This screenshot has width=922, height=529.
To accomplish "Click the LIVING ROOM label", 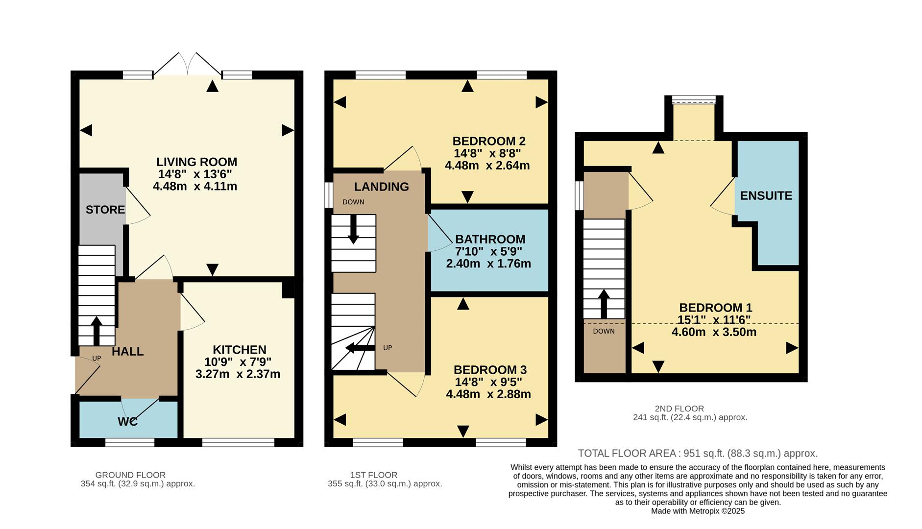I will (x=196, y=162).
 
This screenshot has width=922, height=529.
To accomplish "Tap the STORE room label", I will (x=105, y=210).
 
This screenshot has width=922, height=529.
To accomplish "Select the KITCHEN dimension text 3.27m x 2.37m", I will (x=238, y=374).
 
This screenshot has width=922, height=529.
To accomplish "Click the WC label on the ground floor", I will (x=127, y=421).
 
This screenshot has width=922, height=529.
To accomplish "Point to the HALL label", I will (x=127, y=351).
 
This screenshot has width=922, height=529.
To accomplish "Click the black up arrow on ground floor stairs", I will (x=97, y=331).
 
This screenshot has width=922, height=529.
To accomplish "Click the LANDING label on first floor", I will (x=381, y=187).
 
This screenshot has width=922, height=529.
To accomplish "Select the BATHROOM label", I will (x=490, y=239).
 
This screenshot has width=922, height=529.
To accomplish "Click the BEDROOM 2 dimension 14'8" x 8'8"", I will (x=487, y=153).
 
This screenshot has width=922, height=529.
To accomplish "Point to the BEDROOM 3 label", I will (x=490, y=370).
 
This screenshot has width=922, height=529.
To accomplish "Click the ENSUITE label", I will (x=766, y=195).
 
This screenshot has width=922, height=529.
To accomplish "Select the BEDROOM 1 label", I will (x=715, y=308).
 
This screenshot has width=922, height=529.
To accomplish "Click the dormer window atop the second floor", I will (x=693, y=100).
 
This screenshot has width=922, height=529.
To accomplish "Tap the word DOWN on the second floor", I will (x=604, y=331).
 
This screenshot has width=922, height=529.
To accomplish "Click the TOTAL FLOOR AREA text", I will (x=697, y=453).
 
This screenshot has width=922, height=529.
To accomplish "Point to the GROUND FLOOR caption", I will (x=130, y=475).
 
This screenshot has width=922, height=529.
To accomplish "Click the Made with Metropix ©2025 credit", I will (x=697, y=511).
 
